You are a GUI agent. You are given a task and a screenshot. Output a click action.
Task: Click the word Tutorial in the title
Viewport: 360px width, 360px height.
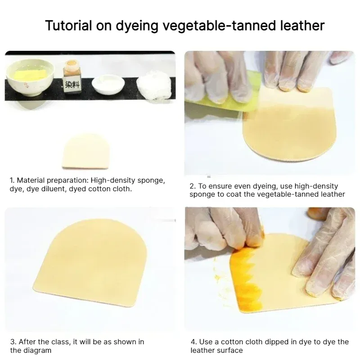68,25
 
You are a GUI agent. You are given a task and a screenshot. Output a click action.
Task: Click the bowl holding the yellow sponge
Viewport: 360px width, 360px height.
30,77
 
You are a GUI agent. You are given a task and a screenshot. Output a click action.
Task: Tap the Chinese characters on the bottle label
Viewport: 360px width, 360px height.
72,85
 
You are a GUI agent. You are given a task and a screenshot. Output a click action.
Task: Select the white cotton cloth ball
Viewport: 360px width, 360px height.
154,85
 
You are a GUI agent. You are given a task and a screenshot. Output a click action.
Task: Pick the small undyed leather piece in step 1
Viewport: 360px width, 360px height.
85,152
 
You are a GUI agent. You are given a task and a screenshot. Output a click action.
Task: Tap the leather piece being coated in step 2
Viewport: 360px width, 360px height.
290,125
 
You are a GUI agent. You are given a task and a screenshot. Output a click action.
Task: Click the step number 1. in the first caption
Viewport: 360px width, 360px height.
12,180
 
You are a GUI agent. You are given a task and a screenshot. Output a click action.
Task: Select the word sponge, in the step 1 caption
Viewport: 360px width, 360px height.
151,181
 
